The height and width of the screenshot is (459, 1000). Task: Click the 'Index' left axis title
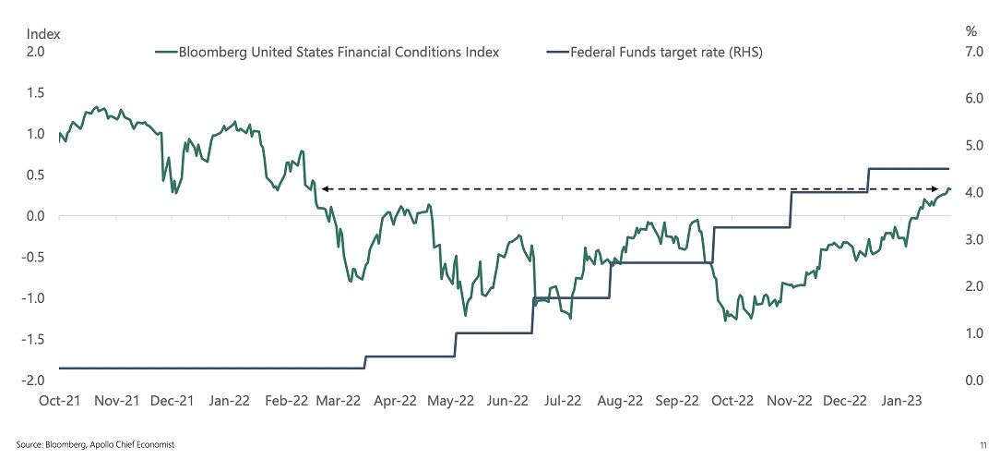coord(42,32)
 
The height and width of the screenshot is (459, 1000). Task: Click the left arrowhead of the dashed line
coord(325,188)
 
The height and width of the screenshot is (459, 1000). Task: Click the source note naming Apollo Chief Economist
coord(95,444)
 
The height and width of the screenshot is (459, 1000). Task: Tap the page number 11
coord(984,444)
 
